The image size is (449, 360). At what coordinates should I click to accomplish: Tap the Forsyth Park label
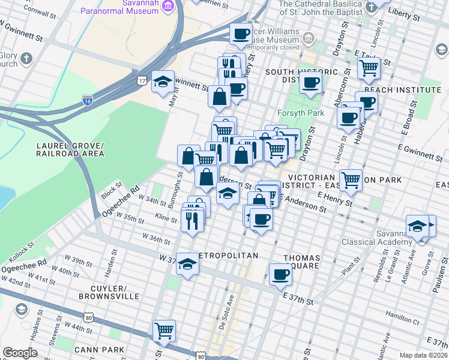pos(301,113)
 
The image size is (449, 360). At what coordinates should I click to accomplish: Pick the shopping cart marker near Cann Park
pos(164,330)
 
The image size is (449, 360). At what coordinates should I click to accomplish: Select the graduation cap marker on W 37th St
pos(187,265)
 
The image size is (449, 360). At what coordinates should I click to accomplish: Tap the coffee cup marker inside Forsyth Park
pos(310,82)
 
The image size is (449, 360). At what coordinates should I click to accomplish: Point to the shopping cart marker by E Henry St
pos(351,179)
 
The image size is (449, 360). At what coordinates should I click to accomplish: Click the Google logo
pos(20,353)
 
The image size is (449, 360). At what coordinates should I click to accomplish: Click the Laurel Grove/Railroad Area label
pos(70,150)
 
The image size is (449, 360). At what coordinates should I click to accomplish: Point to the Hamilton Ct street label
pos(402,314)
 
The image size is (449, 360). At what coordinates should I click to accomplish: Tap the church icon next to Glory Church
pos(26,58)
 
